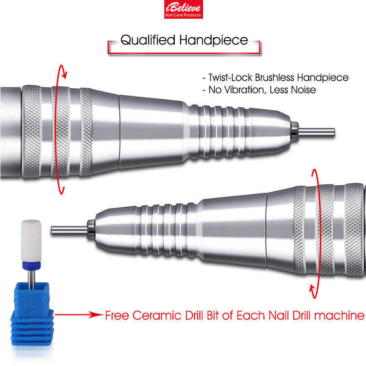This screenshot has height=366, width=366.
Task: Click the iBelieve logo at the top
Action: [x=183, y=9]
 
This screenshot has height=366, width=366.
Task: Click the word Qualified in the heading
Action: [x=148, y=40]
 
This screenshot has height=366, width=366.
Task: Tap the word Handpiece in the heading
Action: [x=214, y=40]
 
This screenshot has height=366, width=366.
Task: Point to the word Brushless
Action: [x=274, y=78]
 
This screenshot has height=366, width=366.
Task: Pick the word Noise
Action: [x=304, y=90]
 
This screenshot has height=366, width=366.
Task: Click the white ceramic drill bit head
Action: [x=31, y=241]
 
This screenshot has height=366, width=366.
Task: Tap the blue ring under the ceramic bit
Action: [x=32, y=265]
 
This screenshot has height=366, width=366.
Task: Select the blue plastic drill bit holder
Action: [x=32, y=314]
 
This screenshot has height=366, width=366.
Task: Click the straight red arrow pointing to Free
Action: [x=79, y=315]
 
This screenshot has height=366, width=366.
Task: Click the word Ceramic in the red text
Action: [x=157, y=316]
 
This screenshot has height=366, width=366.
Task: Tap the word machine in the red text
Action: [x=339, y=316]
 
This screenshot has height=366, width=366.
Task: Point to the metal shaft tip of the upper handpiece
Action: [x=317, y=132]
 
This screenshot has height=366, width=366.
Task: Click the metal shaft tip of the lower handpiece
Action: [x=70, y=230]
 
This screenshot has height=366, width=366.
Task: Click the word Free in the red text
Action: [x=117, y=316]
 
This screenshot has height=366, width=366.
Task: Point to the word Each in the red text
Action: [x=251, y=316]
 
